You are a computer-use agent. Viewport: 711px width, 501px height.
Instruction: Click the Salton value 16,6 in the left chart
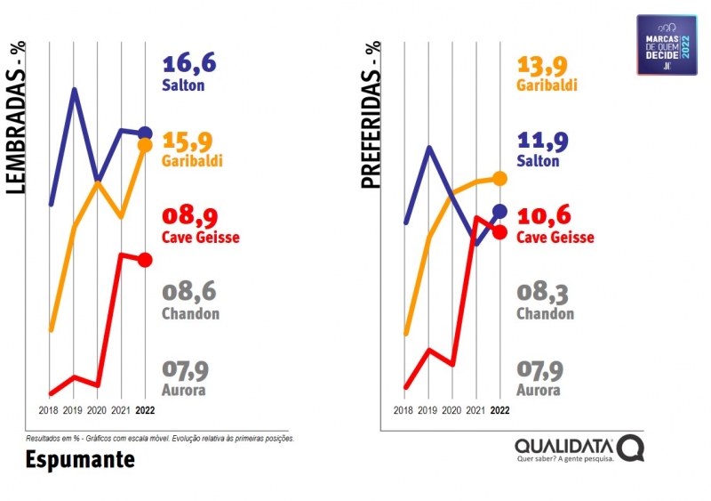coord(189,64)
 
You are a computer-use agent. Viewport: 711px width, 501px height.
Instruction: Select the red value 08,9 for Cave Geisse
coord(189,216)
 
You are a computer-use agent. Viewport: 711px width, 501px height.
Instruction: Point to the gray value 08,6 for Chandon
coord(189,292)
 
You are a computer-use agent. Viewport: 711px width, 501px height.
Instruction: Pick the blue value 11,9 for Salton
coord(544,141)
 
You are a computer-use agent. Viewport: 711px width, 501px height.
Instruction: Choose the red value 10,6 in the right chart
coord(544,216)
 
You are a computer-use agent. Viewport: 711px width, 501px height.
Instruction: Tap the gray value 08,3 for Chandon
coord(544,292)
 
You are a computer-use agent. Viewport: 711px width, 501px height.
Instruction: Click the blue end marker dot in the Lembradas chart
coord(145,133)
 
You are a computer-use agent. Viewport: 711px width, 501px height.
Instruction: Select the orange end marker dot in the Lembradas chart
coord(145,145)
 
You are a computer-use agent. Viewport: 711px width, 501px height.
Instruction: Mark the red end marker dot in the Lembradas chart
coord(145,260)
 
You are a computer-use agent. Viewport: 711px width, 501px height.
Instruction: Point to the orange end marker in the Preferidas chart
coord(499,179)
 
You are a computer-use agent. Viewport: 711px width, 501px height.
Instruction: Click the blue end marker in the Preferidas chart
coord(499,211)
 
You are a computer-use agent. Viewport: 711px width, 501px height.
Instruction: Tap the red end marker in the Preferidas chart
coord(499,232)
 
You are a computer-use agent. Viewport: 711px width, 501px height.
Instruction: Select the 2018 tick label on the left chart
coord(50,410)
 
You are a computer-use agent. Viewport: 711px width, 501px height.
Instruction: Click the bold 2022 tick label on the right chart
coord(499,410)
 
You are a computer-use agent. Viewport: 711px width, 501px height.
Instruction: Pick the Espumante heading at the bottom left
coord(80,459)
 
